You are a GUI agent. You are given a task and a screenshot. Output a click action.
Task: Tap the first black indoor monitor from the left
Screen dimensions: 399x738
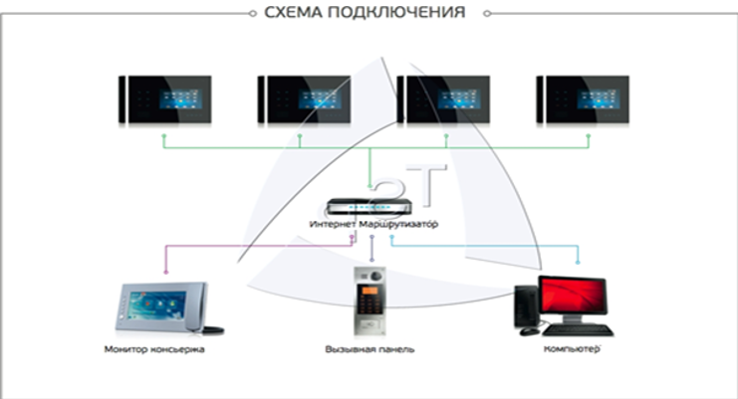click(163, 100)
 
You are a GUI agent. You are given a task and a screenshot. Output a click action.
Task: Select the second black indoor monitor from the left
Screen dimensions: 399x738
click(303, 100)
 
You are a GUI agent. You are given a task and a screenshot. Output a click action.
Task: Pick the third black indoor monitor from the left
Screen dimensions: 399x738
click(442, 100)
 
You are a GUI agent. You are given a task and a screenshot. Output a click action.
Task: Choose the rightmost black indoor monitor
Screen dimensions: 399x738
click(582, 100)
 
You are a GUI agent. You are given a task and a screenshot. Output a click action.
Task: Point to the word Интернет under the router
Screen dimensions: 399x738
click(332, 226)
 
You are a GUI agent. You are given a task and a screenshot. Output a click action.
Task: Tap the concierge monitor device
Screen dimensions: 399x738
click(161, 308)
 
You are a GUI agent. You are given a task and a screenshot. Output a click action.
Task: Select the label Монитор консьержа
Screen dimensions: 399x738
click(157, 350)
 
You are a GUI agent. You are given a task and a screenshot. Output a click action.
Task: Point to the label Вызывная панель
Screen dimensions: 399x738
click(369, 350)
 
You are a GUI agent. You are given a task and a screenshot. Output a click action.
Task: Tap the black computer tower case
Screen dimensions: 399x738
click(525, 306)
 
